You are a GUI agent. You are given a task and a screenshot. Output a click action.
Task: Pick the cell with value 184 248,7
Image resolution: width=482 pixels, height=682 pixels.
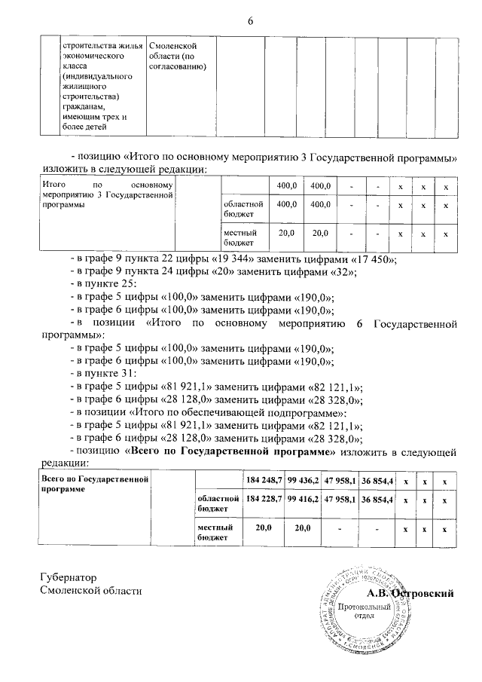[264, 480]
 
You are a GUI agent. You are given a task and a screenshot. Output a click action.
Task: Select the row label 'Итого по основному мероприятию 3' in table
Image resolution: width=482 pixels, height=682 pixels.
[108, 194]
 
